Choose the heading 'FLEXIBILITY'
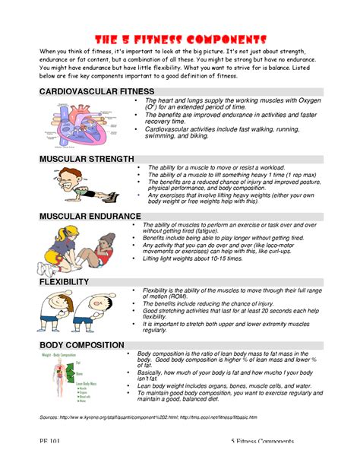(x=65, y=282)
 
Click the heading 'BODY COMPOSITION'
(x=81, y=345)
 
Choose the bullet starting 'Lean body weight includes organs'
(x=234, y=385)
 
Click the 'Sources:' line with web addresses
(x=147, y=417)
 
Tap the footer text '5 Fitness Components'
(x=263, y=442)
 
